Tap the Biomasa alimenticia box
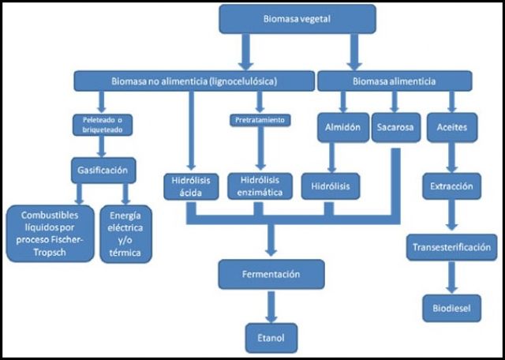coord(395,81)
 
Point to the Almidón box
coord(342,127)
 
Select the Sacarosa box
coord(395,127)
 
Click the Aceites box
coord(451,127)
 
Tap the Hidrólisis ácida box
coord(189,188)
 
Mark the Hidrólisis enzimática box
coord(260,188)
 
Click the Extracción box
coord(451,188)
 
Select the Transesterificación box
coord(452,247)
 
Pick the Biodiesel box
coord(451,307)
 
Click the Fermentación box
coord(271,275)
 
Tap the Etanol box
coord(271,337)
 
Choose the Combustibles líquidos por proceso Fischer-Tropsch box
coord(49,233)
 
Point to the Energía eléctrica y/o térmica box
coord(127,233)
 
